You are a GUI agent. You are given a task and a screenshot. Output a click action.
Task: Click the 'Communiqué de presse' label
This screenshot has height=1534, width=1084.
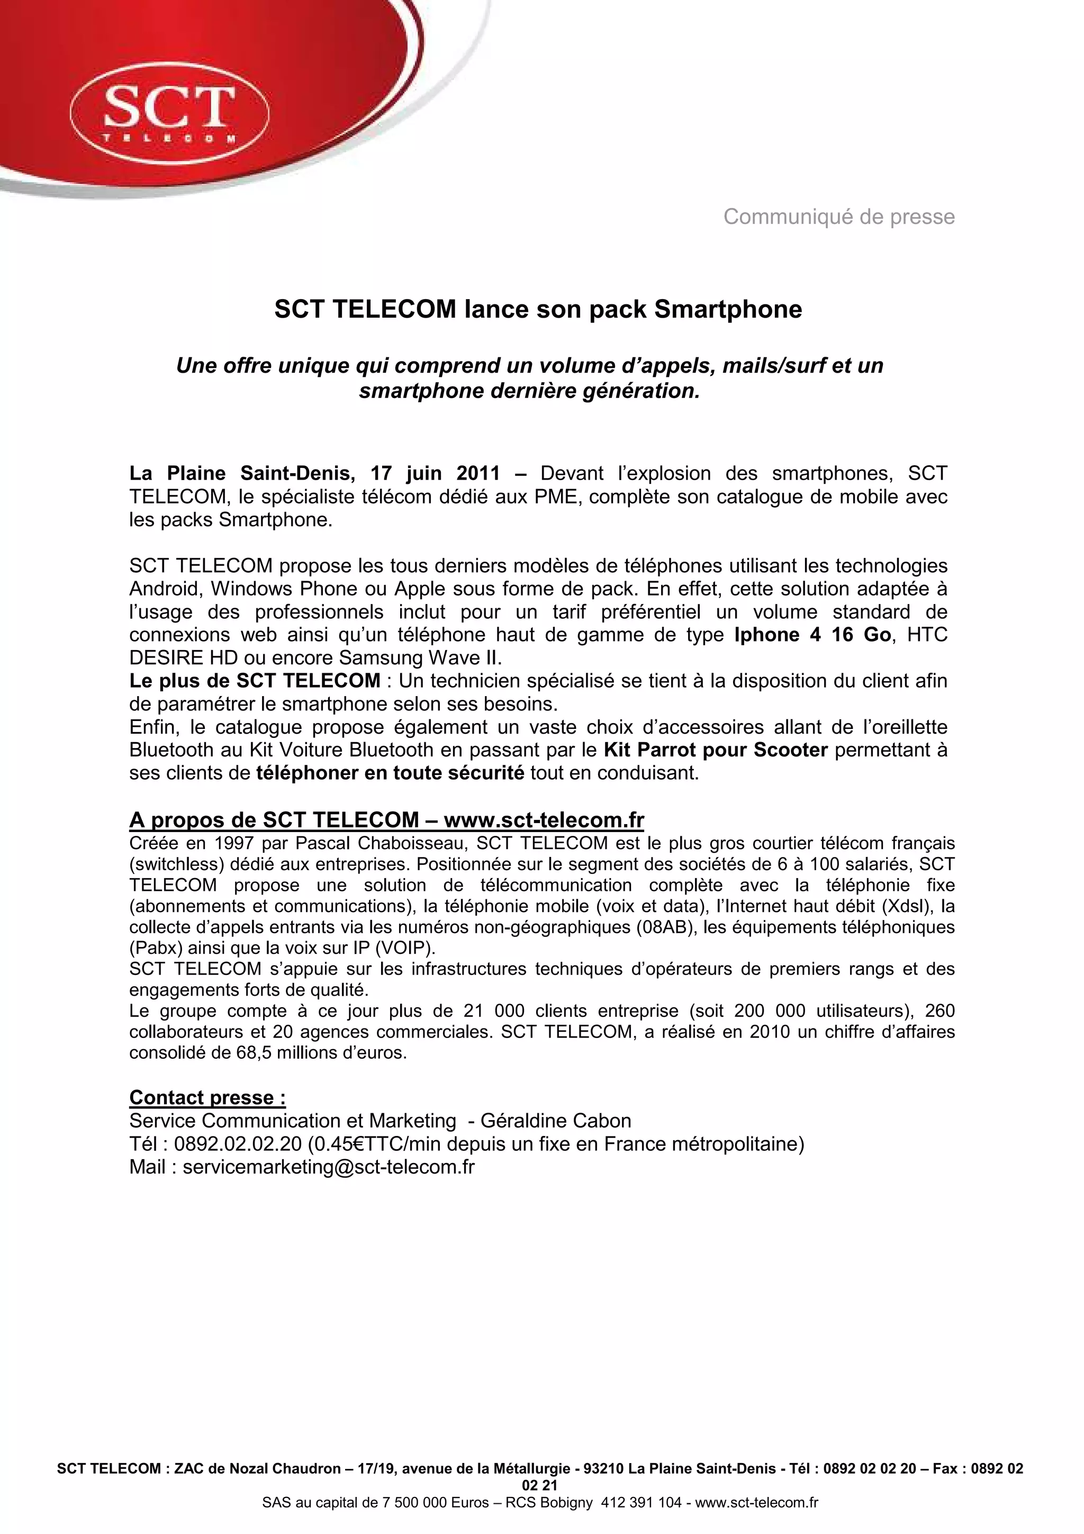[x=838, y=216]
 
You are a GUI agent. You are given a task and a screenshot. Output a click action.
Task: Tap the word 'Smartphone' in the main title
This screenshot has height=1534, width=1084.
[x=727, y=309]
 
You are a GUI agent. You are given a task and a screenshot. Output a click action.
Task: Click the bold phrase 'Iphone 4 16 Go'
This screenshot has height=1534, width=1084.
[x=812, y=635]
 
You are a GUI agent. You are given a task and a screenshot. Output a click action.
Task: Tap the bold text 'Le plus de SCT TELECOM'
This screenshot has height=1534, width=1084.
[x=255, y=681]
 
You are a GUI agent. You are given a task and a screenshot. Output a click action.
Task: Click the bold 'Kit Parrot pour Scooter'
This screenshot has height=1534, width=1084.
[x=715, y=750]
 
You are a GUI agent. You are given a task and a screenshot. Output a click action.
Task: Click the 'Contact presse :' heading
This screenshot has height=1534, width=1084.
[x=207, y=1098]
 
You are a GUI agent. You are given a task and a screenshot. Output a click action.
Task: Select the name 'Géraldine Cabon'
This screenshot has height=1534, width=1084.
[x=555, y=1121]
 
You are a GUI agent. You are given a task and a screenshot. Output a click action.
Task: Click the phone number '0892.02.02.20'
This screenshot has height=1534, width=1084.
[x=238, y=1144]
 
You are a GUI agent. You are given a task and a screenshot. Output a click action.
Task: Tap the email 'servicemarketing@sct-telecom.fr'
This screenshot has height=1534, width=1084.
[x=329, y=1167]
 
